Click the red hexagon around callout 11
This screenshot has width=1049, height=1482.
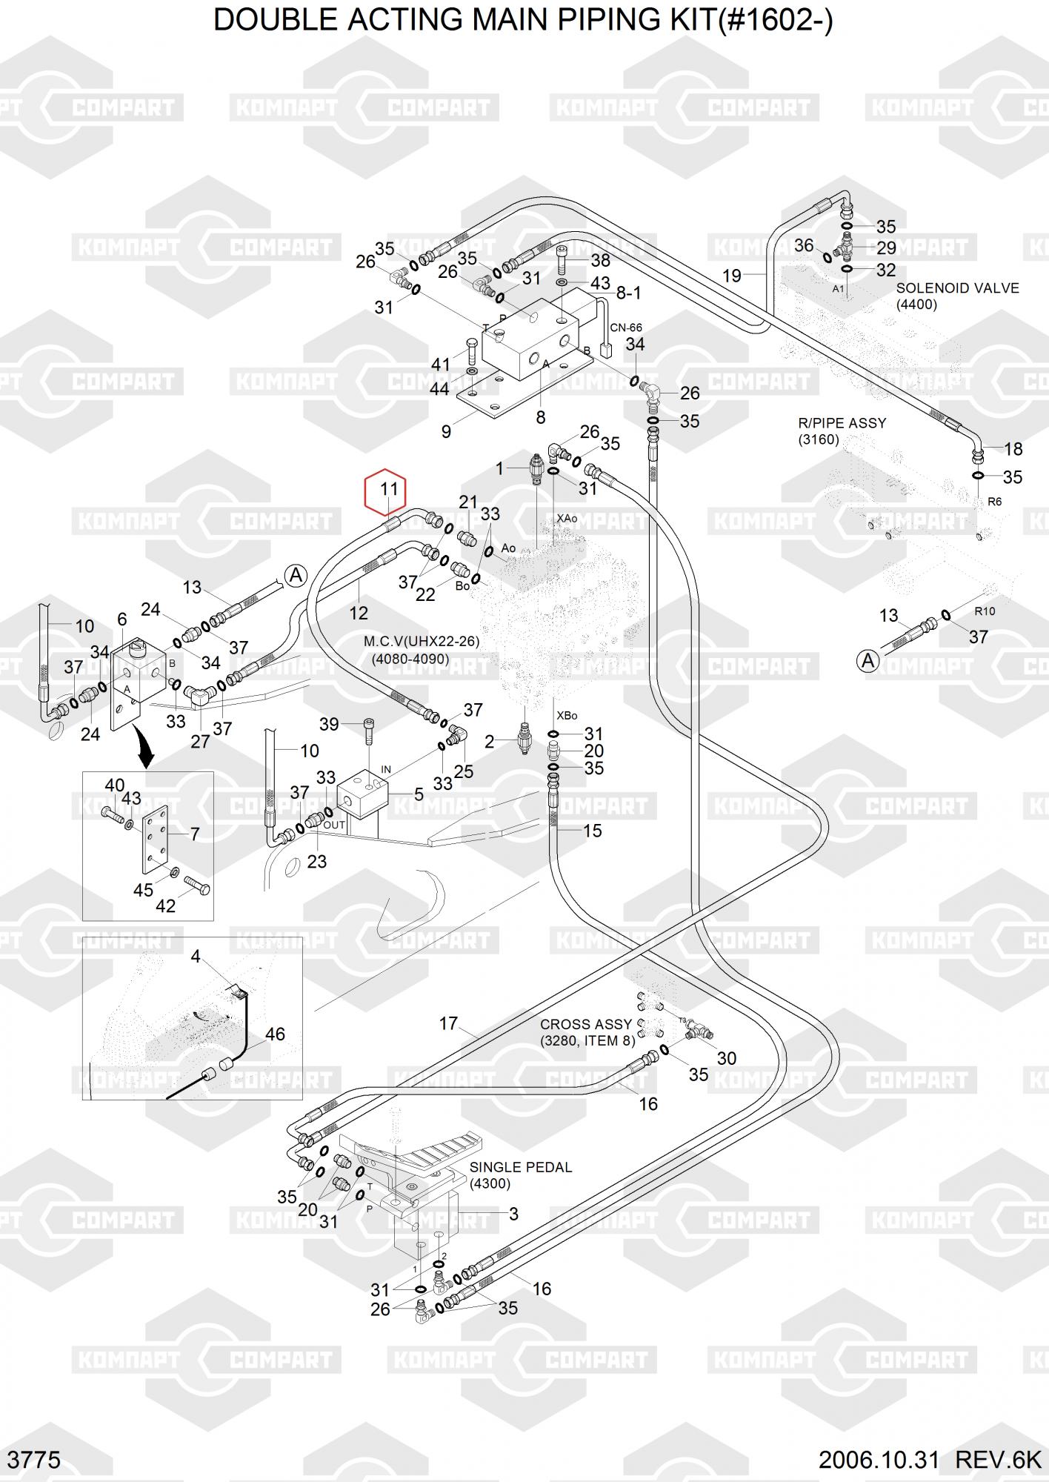pos(385,489)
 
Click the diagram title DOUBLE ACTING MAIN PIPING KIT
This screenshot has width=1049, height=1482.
pos(523,21)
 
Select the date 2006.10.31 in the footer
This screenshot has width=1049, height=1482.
pos(879,1460)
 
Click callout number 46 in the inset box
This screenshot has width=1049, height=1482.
pos(275,1034)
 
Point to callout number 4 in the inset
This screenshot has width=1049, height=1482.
pos(196,957)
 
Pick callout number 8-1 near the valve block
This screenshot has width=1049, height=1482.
pos(628,293)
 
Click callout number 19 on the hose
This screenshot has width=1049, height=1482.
pos(732,276)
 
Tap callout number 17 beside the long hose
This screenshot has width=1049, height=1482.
pos(448,1023)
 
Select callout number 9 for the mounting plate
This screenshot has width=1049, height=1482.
pos(446,431)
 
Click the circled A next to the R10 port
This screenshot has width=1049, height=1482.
pos(867,660)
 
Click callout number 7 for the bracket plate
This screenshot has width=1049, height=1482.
pos(195,834)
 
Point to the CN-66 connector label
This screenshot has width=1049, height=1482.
pos(626,328)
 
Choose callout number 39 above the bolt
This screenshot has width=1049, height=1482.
pos(329,724)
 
